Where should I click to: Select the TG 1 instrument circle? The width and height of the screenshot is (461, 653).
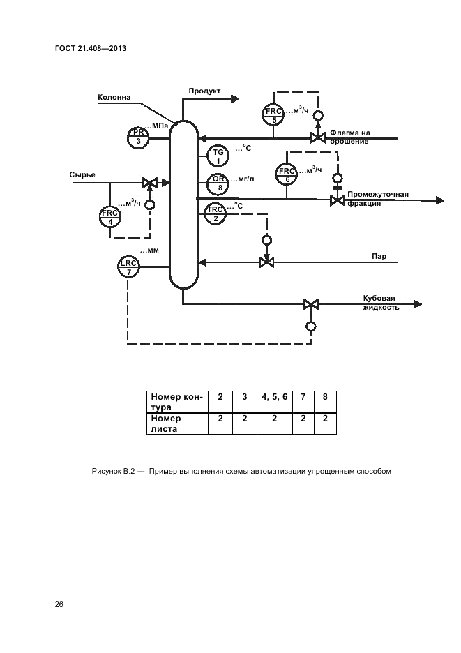[x=218, y=157]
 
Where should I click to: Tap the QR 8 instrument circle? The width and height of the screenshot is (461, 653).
[x=218, y=183]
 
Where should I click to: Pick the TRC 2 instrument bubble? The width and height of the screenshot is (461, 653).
[x=215, y=213]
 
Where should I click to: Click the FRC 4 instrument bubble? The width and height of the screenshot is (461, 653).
[x=110, y=217]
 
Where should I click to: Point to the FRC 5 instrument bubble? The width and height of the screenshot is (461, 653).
[x=273, y=114]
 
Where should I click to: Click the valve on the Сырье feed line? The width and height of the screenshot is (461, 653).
[x=149, y=183]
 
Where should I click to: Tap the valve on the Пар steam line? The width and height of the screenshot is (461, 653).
[x=266, y=262]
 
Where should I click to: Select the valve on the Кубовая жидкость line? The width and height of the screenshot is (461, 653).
[x=311, y=304]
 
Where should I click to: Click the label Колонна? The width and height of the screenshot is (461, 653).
[x=114, y=98]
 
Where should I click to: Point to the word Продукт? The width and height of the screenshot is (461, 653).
[x=204, y=91]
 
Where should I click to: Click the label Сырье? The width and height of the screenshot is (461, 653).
[x=82, y=174]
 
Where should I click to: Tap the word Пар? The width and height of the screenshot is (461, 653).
[x=379, y=256]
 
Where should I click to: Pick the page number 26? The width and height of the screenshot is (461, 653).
[x=59, y=603]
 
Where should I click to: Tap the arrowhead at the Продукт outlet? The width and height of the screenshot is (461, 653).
[x=235, y=100]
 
